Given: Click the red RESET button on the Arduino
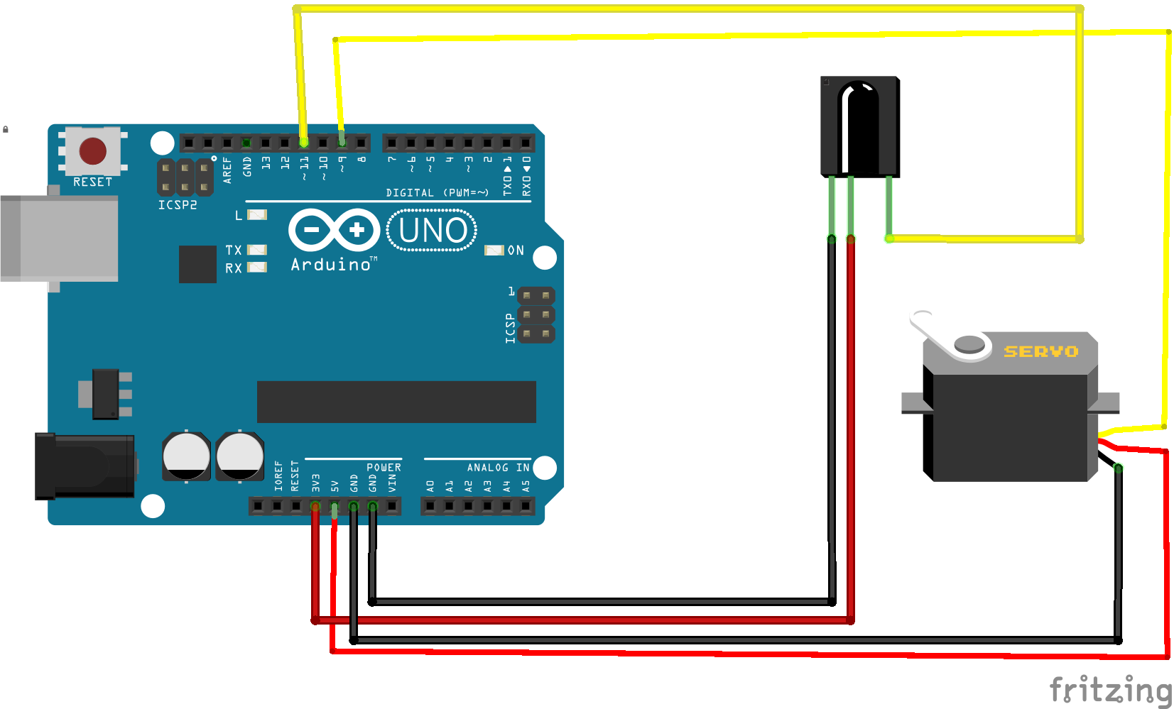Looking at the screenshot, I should (x=93, y=150).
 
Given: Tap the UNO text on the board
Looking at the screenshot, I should (x=433, y=231).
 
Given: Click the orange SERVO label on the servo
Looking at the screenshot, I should (x=1040, y=351).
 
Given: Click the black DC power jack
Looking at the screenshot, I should (x=85, y=466).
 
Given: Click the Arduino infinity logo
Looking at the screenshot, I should (x=334, y=230).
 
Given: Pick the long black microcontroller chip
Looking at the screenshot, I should (x=396, y=402).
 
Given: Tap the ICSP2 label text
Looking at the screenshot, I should (x=178, y=205).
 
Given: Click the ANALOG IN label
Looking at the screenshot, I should (x=498, y=468).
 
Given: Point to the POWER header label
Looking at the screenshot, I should (x=384, y=468).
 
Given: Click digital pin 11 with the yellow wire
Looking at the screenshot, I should (x=304, y=143).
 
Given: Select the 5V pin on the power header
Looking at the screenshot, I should (x=335, y=506).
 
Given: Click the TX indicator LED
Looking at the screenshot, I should (x=256, y=250).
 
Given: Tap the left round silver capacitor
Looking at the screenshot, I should (x=186, y=455).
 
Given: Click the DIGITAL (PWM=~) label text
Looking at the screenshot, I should (x=437, y=192).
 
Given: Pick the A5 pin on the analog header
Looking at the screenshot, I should (x=526, y=506).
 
